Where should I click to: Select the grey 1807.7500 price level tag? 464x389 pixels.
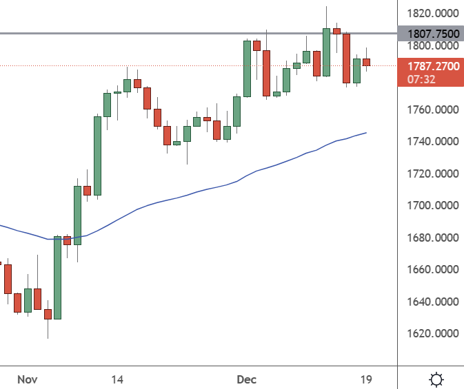[430, 33]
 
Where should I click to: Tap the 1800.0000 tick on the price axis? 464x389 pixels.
[430, 46]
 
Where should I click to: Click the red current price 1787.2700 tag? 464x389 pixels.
[430, 67]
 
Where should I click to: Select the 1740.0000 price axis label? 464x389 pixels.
[430, 142]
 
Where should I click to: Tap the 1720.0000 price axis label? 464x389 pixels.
[430, 174]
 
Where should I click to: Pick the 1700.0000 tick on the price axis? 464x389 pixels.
[430, 206]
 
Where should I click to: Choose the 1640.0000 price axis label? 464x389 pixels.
[430, 302]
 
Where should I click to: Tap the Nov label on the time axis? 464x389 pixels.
[27, 379]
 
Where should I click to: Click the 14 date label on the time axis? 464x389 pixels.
[117, 379]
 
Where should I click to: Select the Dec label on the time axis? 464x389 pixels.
[246, 379]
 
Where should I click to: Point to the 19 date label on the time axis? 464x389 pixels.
[366, 379]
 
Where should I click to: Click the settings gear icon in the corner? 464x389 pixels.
[436, 379]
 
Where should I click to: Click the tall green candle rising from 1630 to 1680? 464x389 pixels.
[58, 277]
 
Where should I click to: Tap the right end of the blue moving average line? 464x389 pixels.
[365, 133]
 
